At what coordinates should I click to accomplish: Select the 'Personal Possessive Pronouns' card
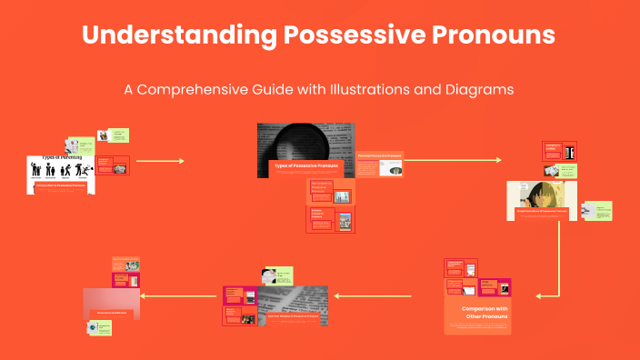(379, 164)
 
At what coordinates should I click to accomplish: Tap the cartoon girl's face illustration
(534, 195)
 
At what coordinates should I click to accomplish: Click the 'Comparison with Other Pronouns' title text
(477, 313)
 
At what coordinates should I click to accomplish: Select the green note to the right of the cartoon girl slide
(597, 211)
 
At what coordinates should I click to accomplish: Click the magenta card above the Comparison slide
(495, 287)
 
